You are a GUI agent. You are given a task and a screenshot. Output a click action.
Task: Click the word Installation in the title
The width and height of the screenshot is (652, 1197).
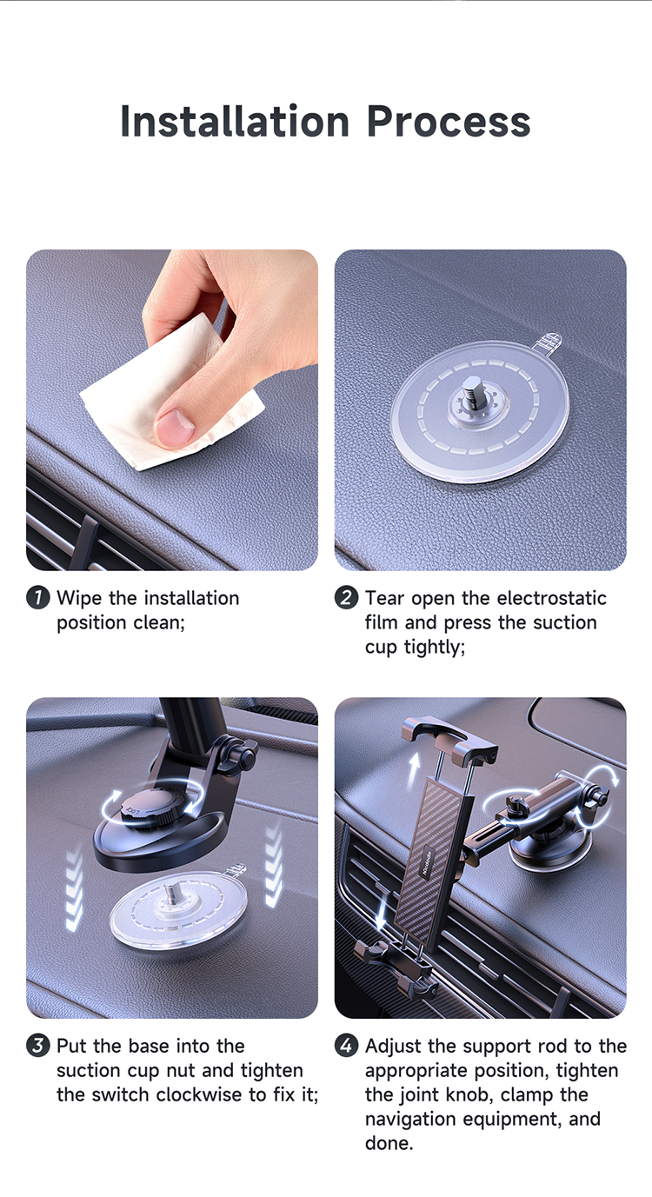(235, 122)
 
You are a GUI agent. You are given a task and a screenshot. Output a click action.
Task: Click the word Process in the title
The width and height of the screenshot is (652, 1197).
(449, 122)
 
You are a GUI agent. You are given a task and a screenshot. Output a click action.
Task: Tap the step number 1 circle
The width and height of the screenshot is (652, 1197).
(38, 597)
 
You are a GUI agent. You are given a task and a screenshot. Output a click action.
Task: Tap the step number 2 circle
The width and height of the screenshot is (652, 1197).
(346, 597)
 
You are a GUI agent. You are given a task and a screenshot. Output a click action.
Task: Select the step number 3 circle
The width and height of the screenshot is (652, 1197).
(38, 1045)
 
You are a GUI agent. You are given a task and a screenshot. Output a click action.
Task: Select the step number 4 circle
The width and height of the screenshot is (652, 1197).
(346, 1045)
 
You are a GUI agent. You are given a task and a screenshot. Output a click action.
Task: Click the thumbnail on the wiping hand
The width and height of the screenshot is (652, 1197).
(174, 428)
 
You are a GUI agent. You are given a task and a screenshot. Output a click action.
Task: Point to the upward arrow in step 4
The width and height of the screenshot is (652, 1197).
(413, 770)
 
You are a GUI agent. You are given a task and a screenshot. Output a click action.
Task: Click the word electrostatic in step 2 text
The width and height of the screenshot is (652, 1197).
(551, 597)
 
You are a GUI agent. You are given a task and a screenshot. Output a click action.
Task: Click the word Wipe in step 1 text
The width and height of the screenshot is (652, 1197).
(79, 597)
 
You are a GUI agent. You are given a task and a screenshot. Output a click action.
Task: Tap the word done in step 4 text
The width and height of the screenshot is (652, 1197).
(389, 1143)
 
